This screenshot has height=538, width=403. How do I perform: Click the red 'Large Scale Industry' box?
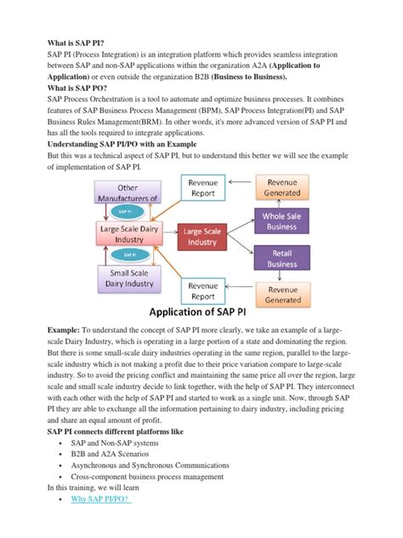[201, 237]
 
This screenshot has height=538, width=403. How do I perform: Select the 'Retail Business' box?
[292, 257]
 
